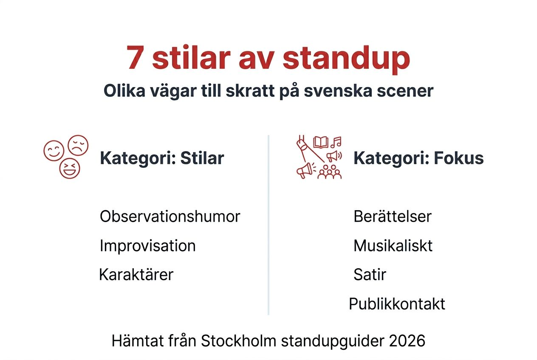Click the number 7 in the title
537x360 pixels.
135,59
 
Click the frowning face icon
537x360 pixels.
78,146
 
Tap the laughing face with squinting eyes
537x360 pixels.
70,168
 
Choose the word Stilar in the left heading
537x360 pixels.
202,158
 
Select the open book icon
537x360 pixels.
321,142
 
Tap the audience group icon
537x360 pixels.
330,172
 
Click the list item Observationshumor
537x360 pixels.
170,217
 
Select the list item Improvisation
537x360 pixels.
147,246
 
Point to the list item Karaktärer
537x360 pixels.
136,275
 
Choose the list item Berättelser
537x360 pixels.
392,217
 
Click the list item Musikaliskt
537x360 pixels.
393,246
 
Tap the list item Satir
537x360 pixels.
370,275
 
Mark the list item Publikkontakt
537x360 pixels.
397,304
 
